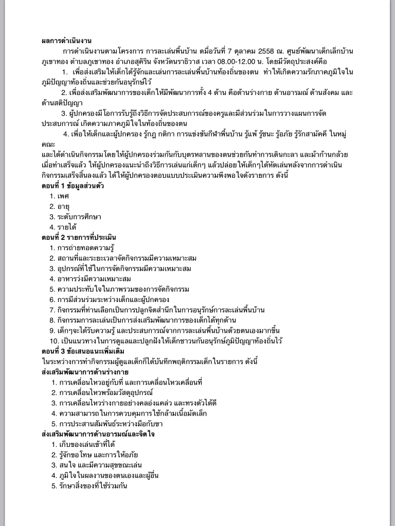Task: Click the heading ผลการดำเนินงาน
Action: (x=67, y=41)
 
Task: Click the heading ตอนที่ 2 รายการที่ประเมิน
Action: (x=79, y=237)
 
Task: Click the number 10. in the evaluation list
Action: (x=53, y=341)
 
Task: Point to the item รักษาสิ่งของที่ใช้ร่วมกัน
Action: (x=93, y=485)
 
